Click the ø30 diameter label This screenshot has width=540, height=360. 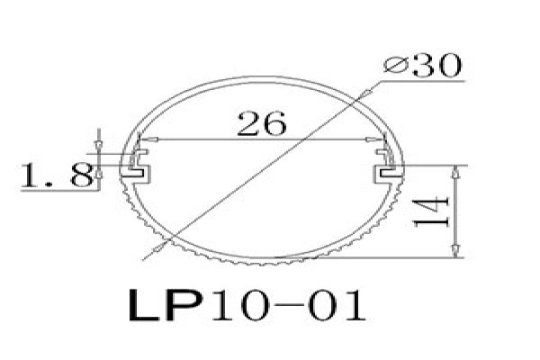pos(423,65)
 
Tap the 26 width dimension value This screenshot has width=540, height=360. pos(262,123)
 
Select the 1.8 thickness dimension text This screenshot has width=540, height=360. pos(58,175)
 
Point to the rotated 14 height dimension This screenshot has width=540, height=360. pos(432,211)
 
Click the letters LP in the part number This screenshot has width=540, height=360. pos(166,305)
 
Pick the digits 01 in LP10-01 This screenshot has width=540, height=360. pos(337,305)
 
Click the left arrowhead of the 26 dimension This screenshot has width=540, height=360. pos(148,139)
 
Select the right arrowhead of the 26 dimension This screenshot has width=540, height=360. pos(374,139)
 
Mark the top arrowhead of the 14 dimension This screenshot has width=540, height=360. pos(455,172)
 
